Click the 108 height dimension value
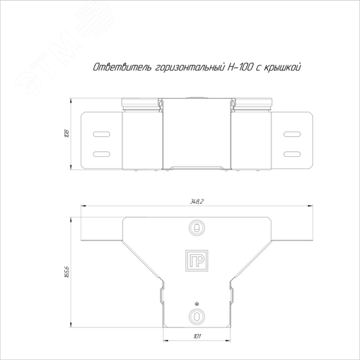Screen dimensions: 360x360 tap(66, 133)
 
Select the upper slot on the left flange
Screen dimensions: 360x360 tap(102, 133)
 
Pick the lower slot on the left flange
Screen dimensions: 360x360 tap(102, 153)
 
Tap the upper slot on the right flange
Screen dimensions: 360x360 tap(292, 133)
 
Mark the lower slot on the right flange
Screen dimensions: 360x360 tap(292, 153)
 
